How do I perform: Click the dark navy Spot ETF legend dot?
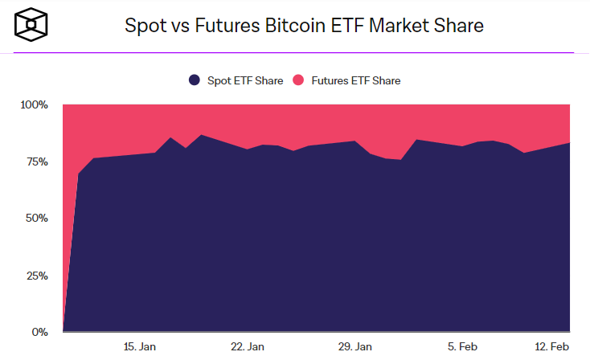tap(195, 80)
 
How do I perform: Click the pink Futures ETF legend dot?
tap(297, 80)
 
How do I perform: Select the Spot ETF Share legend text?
tap(245, 80)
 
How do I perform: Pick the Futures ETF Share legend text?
tap(354, 80)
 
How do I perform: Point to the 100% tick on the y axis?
tap(35, 104)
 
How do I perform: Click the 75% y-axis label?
tap(37, 162)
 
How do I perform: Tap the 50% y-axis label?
tap(37, 218)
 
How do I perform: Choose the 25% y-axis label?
tap(37, 275)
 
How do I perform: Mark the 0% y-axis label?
tap(40, 332)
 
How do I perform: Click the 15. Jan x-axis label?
tap(140, 346)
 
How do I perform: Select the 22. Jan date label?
tap(248, 346)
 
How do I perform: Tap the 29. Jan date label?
tap(354, 346)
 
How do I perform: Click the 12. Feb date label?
tap(553, 346)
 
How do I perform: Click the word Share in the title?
tap(459, 26)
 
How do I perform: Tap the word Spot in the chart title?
tap(143, 26)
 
